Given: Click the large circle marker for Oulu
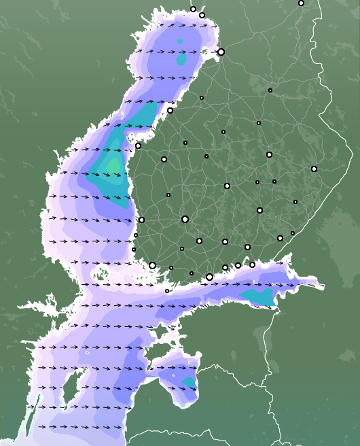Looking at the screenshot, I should click(x=221, y=52).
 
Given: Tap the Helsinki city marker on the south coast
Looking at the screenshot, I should click(x=209, y=277).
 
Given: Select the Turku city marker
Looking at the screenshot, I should click(x=153, y=266).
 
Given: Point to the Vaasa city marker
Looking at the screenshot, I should click(x=138, y=145).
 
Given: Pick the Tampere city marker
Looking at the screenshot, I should click(x=185, y=219).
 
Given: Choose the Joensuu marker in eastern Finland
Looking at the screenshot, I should click(x=314, y=169).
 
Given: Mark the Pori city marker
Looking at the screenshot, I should click(x=141, y=219).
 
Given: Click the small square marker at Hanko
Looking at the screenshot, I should click(x=167, y=291).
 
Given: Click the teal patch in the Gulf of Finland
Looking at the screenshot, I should click(x=259, y=296).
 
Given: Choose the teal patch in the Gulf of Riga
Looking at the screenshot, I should click(x=189, y=383).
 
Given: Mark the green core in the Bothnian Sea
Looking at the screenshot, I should click(x=113, y=165).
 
